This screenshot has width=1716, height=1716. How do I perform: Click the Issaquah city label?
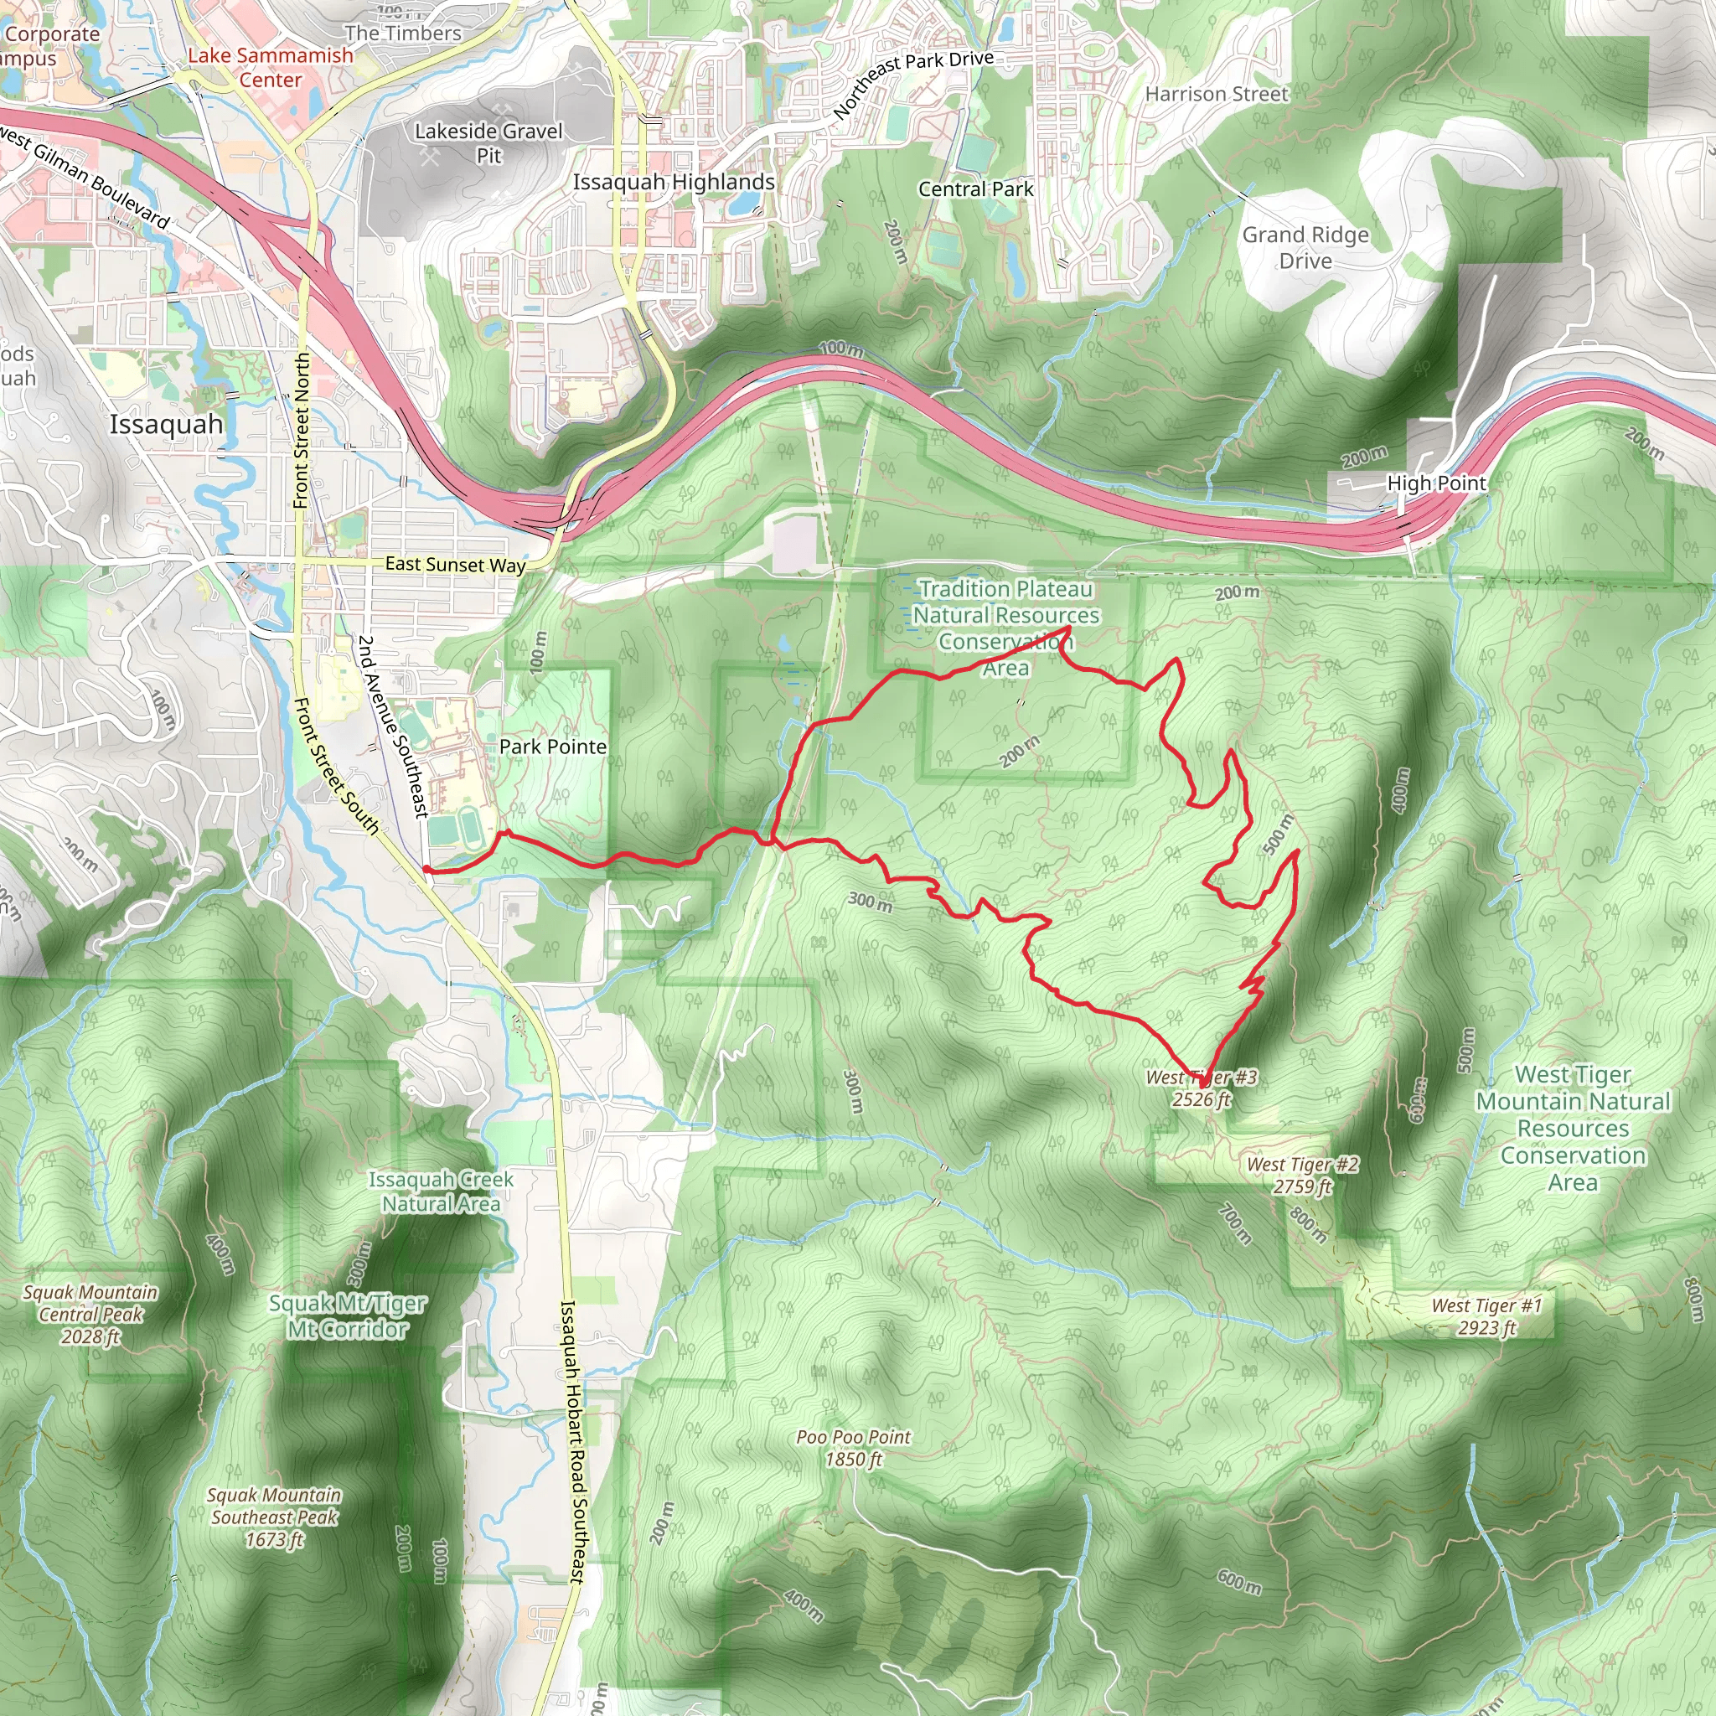[166, 425]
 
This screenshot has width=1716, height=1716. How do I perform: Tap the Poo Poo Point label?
[853, 1448]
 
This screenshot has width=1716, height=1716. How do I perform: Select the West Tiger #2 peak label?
[1302, 1175]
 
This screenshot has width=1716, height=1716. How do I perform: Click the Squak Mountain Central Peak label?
[90, 1315]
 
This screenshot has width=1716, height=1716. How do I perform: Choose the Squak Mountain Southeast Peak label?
[273, 1517]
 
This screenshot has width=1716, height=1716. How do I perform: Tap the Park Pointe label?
[552, 747]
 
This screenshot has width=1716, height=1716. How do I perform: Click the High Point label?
[1436, 483]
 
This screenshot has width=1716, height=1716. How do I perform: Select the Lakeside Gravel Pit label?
[488, 143]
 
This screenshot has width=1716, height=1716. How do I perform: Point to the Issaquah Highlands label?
[674, 182]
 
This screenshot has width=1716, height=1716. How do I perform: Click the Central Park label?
[975, 189]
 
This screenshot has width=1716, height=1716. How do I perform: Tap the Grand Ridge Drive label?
[1305, 248]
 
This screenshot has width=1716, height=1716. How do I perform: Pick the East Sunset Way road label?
[455, 564]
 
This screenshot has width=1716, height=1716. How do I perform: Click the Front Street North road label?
[302, 431]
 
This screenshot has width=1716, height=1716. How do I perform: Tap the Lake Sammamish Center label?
[270, 68]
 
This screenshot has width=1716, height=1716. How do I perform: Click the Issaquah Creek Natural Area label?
[441, 1191]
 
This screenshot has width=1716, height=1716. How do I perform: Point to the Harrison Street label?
[1216, 94]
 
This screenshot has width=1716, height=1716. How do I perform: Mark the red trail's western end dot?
[426, 870]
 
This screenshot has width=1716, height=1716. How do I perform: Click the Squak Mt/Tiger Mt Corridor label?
[347, 1316]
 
